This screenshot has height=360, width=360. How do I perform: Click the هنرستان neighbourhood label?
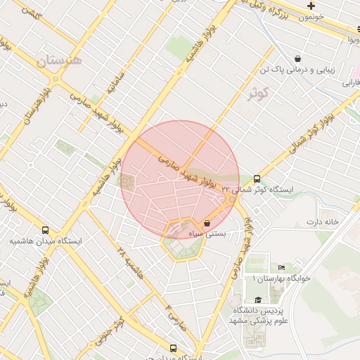click(59, 61)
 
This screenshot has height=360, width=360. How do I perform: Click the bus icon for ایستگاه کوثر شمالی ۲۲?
click(257, 179)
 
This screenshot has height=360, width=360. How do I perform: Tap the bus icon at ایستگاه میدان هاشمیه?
click(46, 230)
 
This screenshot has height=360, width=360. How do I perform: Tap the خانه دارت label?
click(322, 222)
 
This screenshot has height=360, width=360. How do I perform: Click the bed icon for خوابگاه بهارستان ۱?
click(282, 267)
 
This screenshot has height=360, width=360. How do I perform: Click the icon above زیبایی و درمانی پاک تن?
click(299, 59)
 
